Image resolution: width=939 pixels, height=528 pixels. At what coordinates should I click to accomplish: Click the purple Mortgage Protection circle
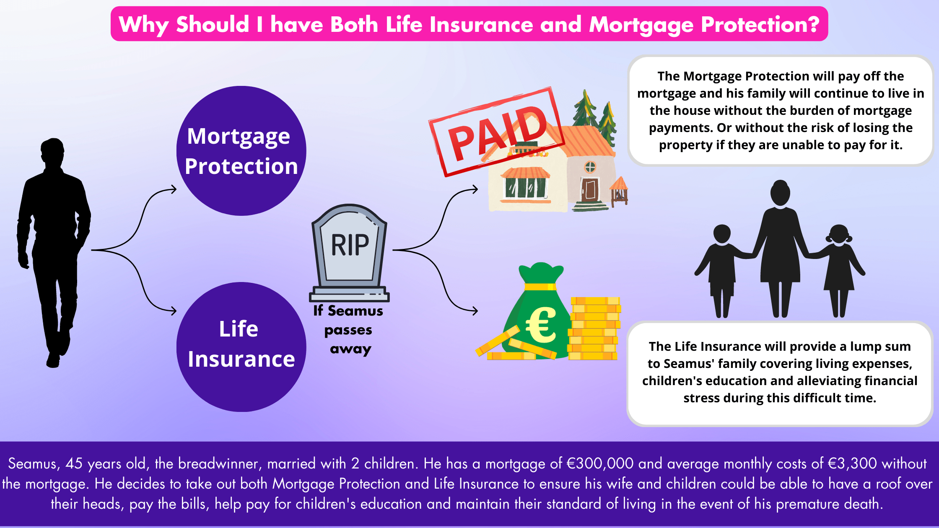(x=241, y=151)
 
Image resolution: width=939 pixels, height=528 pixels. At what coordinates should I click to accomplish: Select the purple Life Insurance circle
(x=241, y=347)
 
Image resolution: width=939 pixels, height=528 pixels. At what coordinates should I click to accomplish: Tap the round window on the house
(x=590, y=167)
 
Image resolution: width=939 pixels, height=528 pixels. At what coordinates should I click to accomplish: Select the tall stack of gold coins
(x=594, y=329)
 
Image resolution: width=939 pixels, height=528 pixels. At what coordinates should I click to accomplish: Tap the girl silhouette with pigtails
(x=839, y=268)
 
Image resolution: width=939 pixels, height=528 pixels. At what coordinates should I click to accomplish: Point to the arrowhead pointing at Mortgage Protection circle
(x=173, y=189)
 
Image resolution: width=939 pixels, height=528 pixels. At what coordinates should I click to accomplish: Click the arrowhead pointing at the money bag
(x=474, y=311)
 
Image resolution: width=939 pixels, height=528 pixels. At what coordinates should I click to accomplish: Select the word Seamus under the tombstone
(x=355, y=311)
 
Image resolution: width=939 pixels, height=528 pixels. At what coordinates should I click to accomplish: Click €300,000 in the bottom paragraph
(x=600, y=463)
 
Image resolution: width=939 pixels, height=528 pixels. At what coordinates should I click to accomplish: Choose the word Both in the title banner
(x=354, y=24)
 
